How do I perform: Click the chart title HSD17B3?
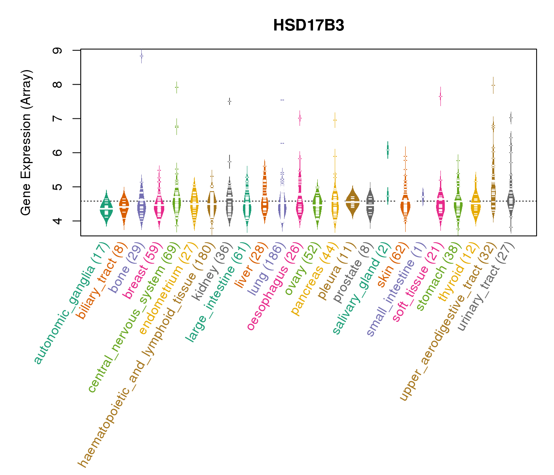309,26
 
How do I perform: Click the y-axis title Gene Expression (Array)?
26,142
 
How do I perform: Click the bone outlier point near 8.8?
141,56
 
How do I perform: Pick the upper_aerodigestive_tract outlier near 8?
493,85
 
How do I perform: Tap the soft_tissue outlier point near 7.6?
440,96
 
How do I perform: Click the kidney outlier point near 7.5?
229,101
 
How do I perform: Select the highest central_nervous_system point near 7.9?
176,87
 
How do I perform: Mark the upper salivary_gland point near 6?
388,150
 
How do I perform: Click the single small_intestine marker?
423,196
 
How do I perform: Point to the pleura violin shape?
353,202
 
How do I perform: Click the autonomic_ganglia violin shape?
106,208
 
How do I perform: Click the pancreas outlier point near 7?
335,120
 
